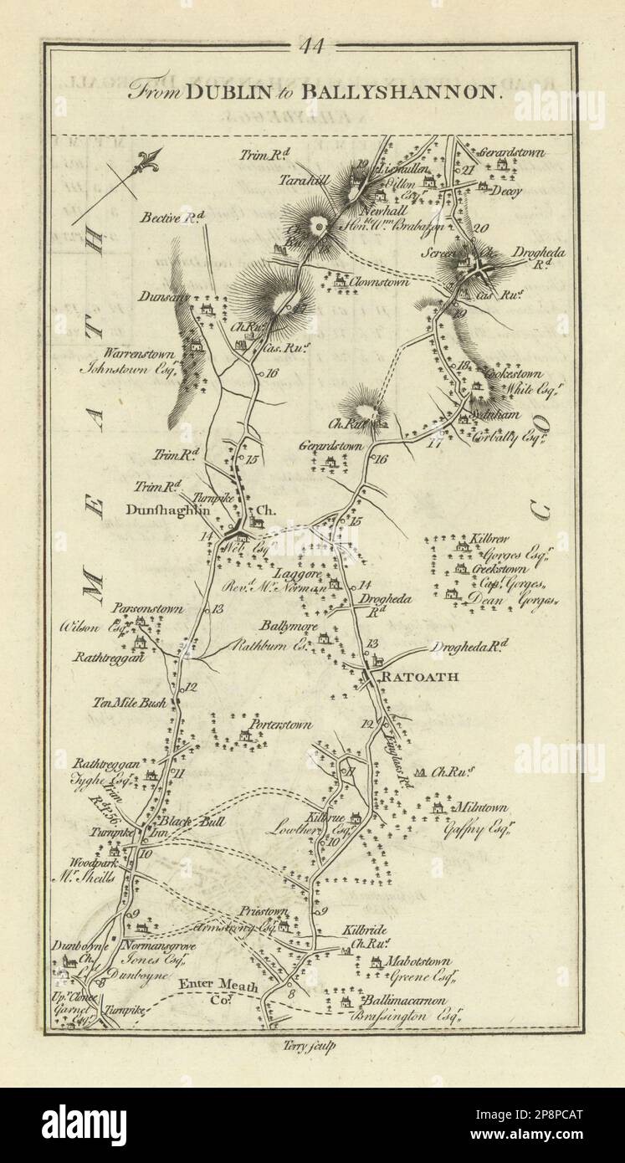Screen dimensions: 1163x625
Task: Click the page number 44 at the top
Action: pyautogui.click(x=312, y=48)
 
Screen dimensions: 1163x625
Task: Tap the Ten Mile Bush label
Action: pyautogui.click(x=130, y=703)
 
